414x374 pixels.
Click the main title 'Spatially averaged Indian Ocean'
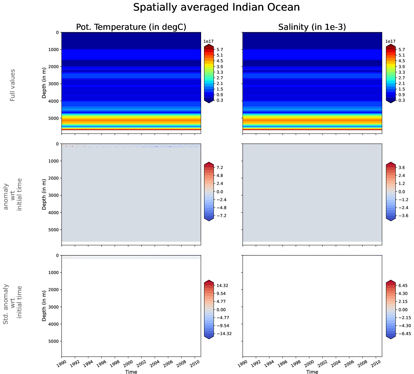[x=216, y=7]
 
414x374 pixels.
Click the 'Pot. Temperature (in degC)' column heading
[x=131, y=27]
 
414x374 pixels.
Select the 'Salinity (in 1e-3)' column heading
[x=312, y=27]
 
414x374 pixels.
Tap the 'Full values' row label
[x=12, y=85]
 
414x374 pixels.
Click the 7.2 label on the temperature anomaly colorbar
[x=220, y=168]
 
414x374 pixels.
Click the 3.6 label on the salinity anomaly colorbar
[x=401, y=168]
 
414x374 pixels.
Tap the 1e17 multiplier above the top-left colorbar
[x=208, y=42]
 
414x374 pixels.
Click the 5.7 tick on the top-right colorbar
[x=401, y=50]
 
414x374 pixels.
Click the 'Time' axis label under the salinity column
[x=312, y=372]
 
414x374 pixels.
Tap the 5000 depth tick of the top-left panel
[x=53, y=118]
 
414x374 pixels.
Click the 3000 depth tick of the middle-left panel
[x=53, y=196]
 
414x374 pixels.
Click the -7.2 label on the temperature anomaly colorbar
[x=221, y=216]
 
